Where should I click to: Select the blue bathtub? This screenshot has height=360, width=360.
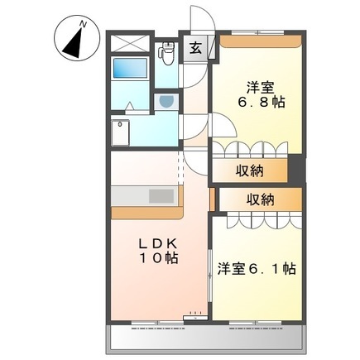click(x=132, y=75)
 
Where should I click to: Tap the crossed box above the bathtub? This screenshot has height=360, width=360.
click(x=132, y=45)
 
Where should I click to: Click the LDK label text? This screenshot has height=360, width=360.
click(x=156, y=245)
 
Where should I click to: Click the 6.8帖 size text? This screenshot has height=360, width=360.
click(x=254, y=103)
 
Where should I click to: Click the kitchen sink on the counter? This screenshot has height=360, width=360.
click(x=160, y=196)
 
